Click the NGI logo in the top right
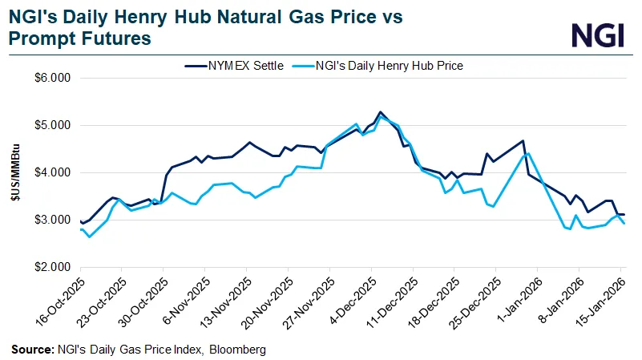coord(600,34)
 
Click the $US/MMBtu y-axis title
coord(17,172)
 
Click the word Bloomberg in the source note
coord(241,350)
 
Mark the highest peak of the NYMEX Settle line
coord(380,112)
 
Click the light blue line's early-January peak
coord(528,153)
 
